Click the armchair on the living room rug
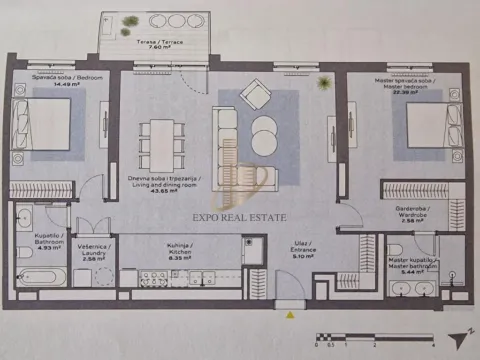256,96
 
